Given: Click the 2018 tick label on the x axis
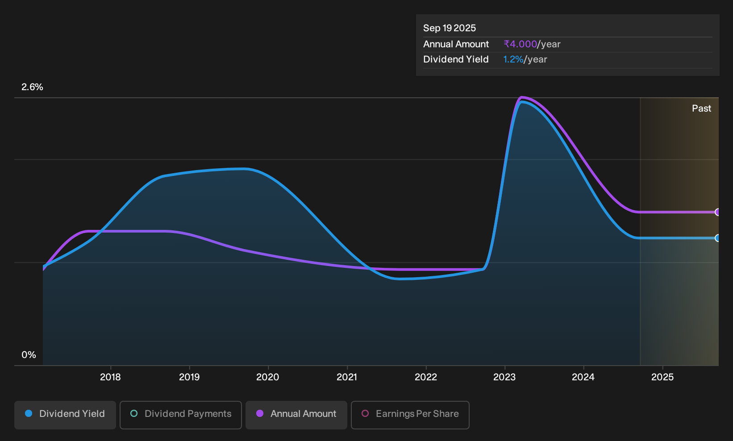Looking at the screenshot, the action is click(110, 377).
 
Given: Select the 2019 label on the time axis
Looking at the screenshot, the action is click(189, 377).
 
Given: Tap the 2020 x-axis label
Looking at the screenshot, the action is click(268, 377).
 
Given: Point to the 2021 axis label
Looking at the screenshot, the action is click(347, 377).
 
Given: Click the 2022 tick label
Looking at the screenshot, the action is click(426, 377).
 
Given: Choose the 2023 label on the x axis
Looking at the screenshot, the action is click(504, 377).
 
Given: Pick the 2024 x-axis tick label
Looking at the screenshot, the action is click(583, 377).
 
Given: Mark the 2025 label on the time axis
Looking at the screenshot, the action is click(662, 377).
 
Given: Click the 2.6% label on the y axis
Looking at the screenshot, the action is click(32, 87).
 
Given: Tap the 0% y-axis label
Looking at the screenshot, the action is click(29, 355).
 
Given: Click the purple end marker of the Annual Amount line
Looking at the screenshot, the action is click(717, 212).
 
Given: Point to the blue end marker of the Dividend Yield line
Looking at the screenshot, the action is click(717, 238).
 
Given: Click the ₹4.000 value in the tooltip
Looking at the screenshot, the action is click(521, 44).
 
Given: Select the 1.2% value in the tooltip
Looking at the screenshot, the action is click(513, 59).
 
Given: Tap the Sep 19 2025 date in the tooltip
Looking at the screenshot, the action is click(449, 28).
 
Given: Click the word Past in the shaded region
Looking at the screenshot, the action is click(701, 108).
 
